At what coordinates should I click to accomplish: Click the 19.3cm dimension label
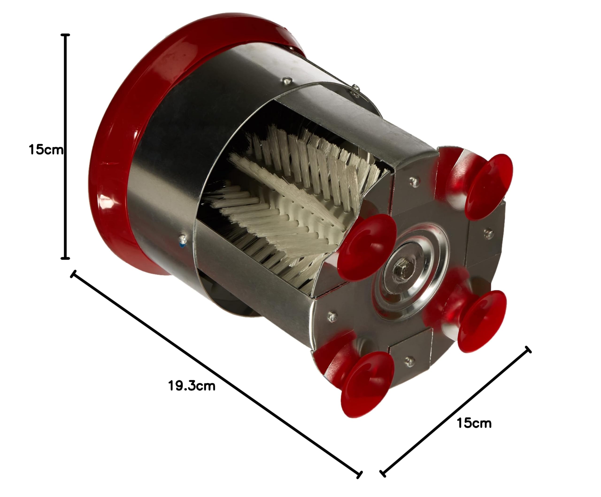(192, 386)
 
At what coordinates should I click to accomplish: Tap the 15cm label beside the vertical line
(46, 150)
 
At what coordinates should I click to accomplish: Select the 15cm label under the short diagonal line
(474, 423)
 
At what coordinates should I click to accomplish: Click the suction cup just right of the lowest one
(475, 321)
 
